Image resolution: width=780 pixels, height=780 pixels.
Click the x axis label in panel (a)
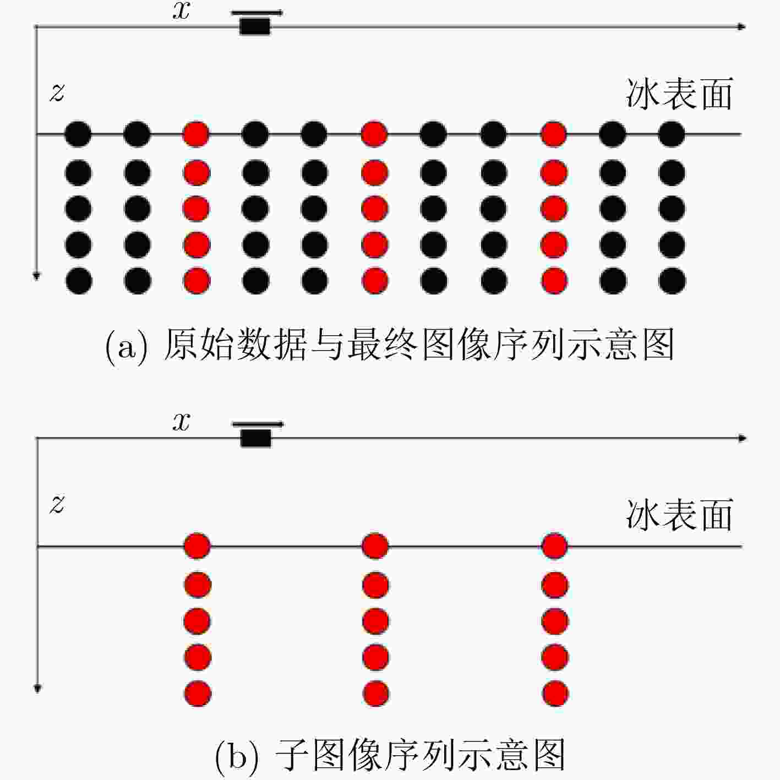(181, 12)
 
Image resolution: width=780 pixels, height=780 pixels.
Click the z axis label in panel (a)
(57, 93)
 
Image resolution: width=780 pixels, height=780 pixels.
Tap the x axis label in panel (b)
(181, 423)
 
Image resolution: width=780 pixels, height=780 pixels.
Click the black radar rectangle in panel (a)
(255, 27)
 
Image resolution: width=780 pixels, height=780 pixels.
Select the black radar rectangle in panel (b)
(255, 438)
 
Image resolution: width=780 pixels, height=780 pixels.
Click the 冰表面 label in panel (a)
(679, 94)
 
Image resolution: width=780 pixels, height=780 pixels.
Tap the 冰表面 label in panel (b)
(679, 515)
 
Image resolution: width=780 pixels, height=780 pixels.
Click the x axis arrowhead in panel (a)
(741, 27)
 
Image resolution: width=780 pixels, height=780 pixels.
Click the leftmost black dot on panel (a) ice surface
(78, 134)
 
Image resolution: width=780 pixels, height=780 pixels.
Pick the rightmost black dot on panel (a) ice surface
(672, 134)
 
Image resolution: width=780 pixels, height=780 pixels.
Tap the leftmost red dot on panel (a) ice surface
(197, 134)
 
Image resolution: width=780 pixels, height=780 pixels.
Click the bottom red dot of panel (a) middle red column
(375, 281)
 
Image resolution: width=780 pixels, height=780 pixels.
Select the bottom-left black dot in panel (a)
(79, 281)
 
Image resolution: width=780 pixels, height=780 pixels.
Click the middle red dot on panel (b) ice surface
(375, 546)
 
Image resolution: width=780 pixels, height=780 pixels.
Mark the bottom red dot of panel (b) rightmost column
(555, 694)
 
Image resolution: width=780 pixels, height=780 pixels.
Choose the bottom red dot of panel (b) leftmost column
(198, 694)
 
